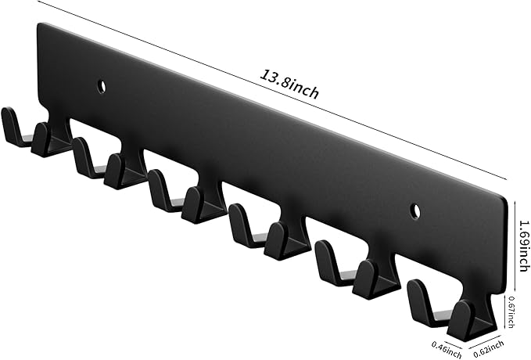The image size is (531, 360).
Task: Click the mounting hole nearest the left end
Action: point(102,85)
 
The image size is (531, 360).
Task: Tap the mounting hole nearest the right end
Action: point(414,210)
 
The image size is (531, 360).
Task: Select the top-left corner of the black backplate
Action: point(40,25)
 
